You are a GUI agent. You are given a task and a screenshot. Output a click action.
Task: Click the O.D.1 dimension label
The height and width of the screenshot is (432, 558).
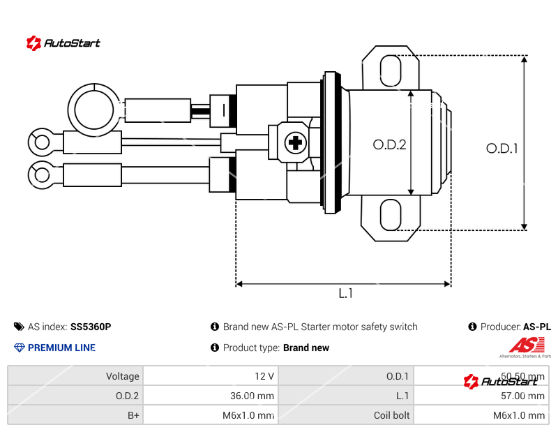point(502,148)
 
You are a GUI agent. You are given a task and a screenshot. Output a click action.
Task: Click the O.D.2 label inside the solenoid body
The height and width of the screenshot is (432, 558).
point(389,144)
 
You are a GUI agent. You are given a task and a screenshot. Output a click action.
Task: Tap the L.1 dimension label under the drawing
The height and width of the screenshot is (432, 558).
point(345,294)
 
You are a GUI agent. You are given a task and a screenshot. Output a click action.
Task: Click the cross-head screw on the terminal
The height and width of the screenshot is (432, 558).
point(295,144)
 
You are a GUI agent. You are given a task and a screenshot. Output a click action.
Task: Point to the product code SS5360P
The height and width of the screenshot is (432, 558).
point(91,327)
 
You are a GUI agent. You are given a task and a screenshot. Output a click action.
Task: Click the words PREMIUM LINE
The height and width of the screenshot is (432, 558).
point(61,348)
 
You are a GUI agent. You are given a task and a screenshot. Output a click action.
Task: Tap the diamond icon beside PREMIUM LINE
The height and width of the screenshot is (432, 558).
point(20,348)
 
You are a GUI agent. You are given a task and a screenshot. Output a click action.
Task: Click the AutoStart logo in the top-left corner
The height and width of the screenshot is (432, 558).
point(63,43)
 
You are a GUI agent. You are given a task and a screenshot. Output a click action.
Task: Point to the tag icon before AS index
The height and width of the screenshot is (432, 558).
point(19,327)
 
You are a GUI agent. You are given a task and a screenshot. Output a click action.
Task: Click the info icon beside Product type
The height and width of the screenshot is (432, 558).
point(215,348)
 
